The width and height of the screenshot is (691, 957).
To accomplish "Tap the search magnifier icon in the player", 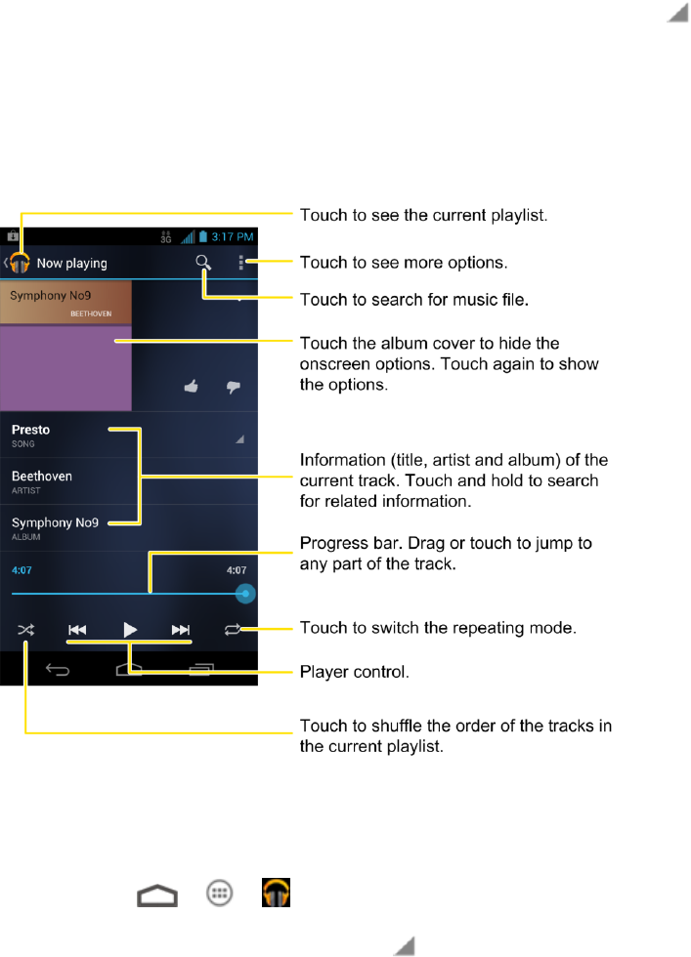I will [x=203, y=263].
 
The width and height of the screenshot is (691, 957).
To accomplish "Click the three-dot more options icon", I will [x=241, y=263].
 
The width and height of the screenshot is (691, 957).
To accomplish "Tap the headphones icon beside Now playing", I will [x=19, y=264].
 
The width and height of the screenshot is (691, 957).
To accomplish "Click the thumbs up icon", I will [x=192, y=388].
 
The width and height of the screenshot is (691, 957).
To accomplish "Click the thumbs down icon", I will [x=233, y=388].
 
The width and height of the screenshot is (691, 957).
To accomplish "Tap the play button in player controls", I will [x=129, y=630].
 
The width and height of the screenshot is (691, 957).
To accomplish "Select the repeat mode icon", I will [x=231, y=630].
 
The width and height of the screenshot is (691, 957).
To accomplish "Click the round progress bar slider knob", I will [x=245, y=593].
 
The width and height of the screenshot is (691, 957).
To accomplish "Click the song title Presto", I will [x=31, y=430].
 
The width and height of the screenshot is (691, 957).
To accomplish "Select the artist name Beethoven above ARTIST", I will [x=42, y=476].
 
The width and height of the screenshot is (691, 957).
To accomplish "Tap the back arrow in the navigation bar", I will [x=59, y=671].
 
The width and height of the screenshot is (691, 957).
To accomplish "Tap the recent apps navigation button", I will [x=202, y=671].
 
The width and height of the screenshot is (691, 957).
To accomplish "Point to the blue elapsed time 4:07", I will [x=21, y=569].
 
